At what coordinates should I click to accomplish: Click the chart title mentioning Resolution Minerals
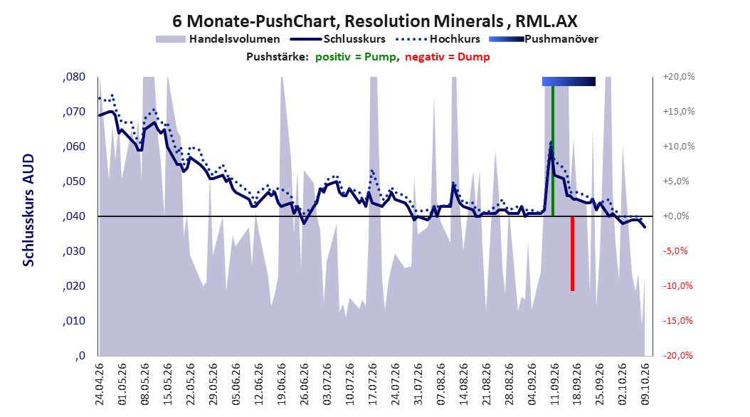point(374,21)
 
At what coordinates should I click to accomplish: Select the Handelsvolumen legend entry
point(218,39)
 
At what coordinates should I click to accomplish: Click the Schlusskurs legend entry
point(338,39)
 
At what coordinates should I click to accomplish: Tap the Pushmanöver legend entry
point(544,39)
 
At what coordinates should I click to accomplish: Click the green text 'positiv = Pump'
point(355,57)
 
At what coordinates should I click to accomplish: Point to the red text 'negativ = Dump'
point(448,57)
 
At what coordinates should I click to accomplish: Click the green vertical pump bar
point(553,151)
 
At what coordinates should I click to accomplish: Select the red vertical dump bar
point(572,253)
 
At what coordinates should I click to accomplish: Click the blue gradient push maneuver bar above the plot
point(569,81)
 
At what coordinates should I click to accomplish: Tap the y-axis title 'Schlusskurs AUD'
point(28,210)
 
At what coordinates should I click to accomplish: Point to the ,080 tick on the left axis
point(74,77)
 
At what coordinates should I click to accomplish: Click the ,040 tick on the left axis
point(74,216)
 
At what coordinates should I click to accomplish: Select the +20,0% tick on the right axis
point(678,77)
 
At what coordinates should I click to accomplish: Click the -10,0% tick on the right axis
point(677,286)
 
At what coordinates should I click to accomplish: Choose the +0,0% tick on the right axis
point(676,216)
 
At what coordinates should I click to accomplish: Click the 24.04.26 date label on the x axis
point(100,384)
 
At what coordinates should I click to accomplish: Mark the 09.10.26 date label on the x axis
point(645,384)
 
